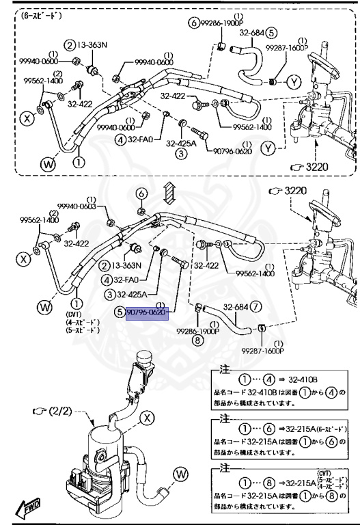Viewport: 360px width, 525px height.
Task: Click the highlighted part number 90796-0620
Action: (x=146, y=312)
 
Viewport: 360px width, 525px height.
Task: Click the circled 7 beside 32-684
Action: (x=255, y=306)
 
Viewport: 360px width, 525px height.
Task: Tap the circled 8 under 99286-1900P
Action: (x=197, y=339)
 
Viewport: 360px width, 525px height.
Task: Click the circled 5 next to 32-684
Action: (x=271, y=31)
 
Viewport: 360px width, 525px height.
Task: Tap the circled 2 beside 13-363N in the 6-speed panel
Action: (x=69, y=45)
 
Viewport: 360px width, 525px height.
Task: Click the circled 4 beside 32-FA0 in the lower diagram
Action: (x=108, y=280)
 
